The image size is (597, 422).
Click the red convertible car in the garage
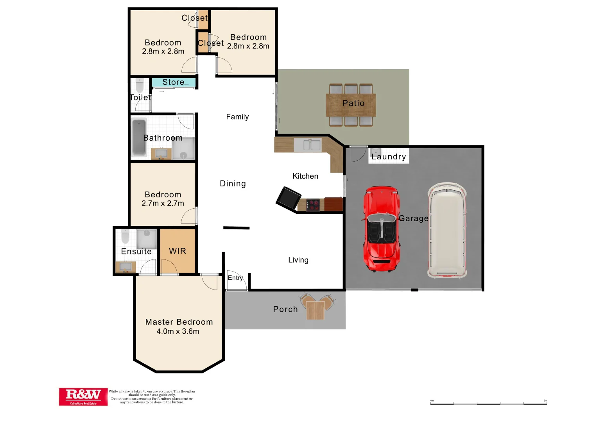coord(382,229)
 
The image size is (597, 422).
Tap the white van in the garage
coord(447,231)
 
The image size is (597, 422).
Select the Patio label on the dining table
coord(353,103)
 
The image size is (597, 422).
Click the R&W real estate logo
coord(83,396)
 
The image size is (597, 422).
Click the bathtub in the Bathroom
coord(139,137)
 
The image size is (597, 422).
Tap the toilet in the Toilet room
coord(140,86)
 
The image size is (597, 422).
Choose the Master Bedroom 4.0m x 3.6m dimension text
coord(178,331)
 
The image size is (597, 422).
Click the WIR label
coord(177,251)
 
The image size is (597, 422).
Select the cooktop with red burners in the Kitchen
coord(313,205)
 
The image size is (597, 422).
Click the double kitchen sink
coord(307,145)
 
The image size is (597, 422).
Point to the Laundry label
coord(389,157)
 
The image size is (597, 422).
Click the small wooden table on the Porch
coord(315,310)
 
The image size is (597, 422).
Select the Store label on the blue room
coord(173,82)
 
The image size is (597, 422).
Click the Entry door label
coord(235,277)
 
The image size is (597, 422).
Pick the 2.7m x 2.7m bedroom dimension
coord(163,203)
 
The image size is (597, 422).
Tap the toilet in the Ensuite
coord(125,236)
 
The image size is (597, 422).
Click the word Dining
coord(233,184)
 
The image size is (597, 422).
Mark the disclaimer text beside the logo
coord(152,397)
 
